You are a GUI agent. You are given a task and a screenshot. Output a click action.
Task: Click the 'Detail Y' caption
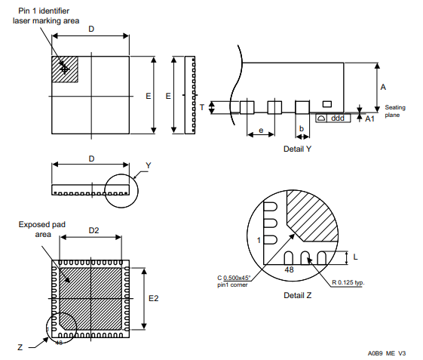click(297, 149)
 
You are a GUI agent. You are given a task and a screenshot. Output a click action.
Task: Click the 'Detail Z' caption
click(298, 295)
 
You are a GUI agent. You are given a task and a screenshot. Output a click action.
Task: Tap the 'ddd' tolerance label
click(338, 118)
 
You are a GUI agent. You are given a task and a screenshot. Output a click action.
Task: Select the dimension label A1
click(369, 118)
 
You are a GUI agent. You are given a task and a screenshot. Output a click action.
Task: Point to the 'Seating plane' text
click(395, 111)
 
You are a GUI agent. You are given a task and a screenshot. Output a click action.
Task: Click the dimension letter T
click(202, 107)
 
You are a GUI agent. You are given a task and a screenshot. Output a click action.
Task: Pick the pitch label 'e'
click(261, 131)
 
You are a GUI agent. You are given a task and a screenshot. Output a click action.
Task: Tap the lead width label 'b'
click(302, 128)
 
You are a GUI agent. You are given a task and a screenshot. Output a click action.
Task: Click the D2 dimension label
click(93, 230)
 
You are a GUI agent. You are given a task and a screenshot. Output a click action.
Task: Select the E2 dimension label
click(154, 298)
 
